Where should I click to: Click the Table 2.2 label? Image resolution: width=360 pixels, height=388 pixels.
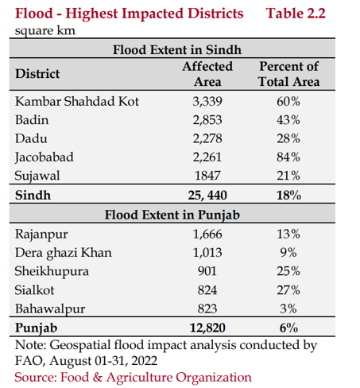[x=296, y=14]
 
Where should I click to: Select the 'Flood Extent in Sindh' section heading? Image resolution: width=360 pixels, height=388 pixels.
[x=177, y=50]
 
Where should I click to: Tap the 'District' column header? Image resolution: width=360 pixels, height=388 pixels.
[x=37, y=74]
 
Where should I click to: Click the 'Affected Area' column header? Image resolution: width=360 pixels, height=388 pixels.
[x=207, y=74]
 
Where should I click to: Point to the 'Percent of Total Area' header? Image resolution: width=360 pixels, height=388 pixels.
[x=289, y=74]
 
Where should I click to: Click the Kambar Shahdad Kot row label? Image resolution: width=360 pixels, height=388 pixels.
[x=77, y=101]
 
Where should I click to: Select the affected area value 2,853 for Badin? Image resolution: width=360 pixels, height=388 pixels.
[x=207, y=120]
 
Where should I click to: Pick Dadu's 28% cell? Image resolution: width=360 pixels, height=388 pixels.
[x=288, y=138]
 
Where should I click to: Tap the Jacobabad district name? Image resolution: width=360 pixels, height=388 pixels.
[x=45, y=157]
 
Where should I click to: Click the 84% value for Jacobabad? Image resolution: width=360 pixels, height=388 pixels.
[x=288, y=157]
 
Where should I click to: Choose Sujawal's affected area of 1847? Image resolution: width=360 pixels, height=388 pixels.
[x=207, y=176]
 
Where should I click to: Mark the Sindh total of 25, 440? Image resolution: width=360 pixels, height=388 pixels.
[x=207, y=196]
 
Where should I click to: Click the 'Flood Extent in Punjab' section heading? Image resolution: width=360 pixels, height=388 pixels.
[x=172, y=215]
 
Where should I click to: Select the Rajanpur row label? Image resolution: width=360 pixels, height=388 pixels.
[x=41, y=235]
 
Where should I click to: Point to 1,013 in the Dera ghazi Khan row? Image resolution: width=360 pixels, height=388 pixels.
[x=207, y=253]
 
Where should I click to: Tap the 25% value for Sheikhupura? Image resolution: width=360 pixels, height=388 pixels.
[x=288, y=271]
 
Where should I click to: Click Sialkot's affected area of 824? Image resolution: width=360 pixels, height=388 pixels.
[x=207, y=290]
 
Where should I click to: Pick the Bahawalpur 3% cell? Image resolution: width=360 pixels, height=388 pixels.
[x=288, y=308]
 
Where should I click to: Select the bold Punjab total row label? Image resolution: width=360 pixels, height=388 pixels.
[x=37, y=328]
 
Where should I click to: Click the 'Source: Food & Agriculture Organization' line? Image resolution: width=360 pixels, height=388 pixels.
[x=133, y=378]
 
